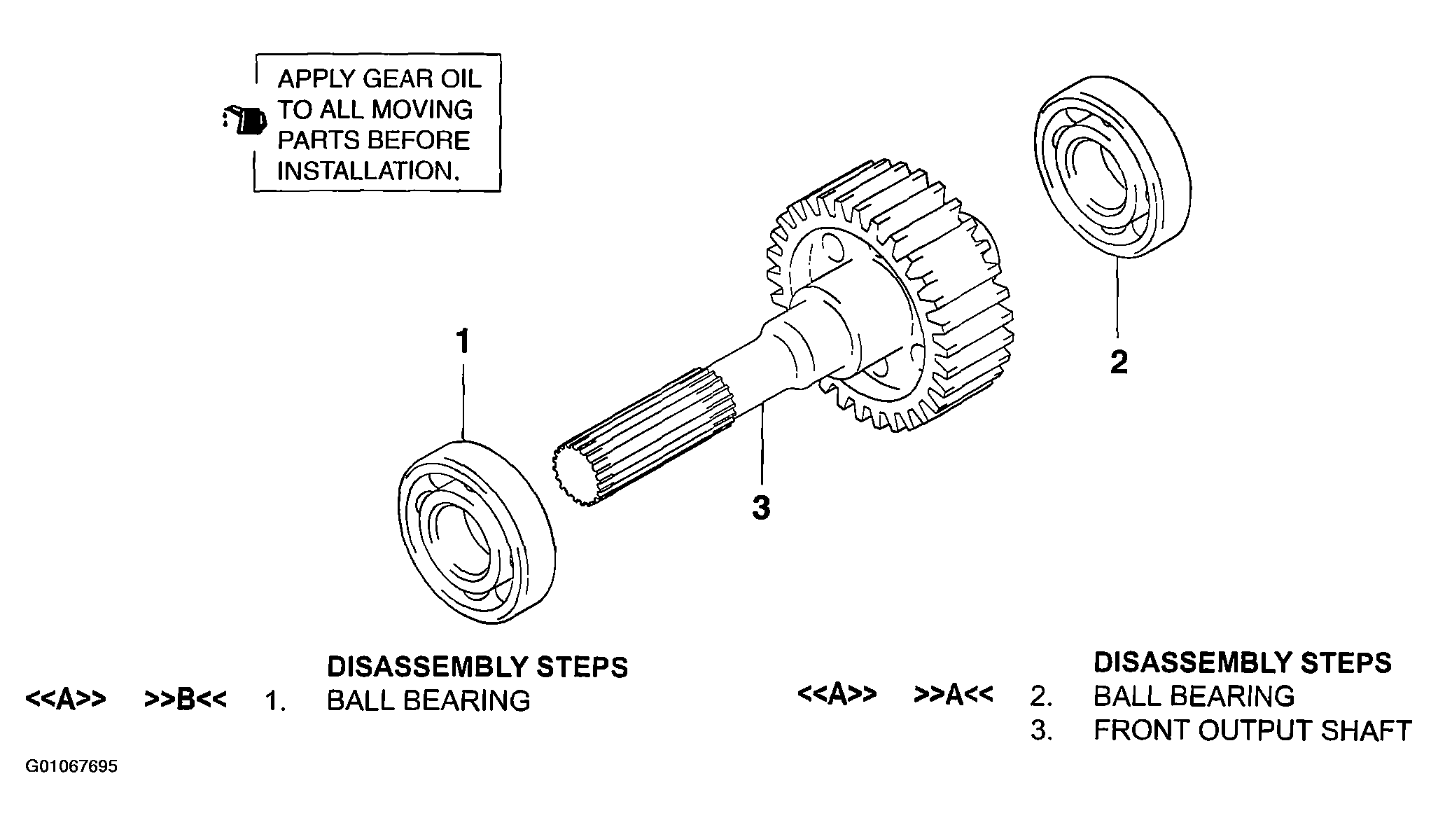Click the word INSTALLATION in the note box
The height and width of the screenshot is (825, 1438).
coord(368,172)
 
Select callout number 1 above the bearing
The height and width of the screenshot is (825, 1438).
coord(462,342)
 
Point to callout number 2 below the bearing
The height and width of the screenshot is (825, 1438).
coord(1119,362)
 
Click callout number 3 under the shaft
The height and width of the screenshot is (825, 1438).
coord(761,508)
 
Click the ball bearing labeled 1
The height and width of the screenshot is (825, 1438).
coord(477,532)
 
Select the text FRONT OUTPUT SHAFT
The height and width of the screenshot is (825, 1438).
coord(1252,730)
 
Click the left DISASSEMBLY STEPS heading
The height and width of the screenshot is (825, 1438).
coord(477,667)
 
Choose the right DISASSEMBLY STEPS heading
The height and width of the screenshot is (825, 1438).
coord(1243,663)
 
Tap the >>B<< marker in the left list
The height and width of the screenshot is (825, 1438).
coord(186,699)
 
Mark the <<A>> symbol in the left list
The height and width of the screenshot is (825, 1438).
coord(66,699)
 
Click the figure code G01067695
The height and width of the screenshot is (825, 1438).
coord(72,767)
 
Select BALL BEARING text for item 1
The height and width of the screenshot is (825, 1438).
coord(428,701)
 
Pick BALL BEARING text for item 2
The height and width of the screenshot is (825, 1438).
coord(1194,696)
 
